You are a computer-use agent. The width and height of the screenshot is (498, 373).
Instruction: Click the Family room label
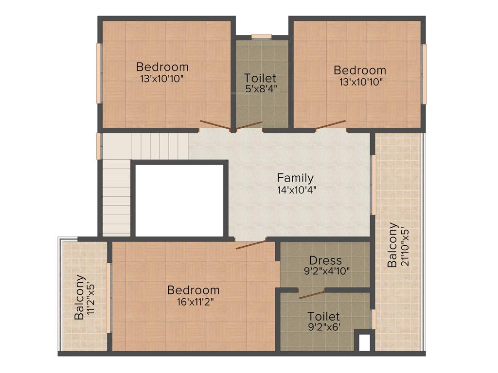[295, 178]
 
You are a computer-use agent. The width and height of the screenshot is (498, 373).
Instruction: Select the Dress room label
[325, 260]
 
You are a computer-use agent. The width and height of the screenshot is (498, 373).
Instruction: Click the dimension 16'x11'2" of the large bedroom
[193, 301]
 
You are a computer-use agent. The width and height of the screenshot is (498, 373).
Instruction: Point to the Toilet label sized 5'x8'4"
[260, 78]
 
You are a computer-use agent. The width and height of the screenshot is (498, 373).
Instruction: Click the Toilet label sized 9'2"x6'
[323, 317]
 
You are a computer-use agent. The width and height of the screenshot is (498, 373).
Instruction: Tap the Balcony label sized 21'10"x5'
[393, 245]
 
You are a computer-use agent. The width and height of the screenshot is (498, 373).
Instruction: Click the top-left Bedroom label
[162, 67]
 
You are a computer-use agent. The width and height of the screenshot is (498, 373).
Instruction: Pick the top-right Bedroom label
[360, 70]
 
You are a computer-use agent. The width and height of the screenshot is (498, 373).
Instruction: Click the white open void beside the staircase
[179, 200]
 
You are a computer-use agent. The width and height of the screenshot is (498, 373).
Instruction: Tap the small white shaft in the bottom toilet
[364, 341]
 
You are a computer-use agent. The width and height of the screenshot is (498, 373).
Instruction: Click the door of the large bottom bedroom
[251, 244]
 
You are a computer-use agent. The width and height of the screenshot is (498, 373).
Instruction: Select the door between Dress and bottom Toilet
[312, 294]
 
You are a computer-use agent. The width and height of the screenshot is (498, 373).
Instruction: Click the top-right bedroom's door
[330, 125]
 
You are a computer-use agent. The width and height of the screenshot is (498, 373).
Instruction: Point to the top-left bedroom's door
[215, 125]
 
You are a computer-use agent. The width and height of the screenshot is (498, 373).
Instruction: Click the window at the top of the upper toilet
[262, 36]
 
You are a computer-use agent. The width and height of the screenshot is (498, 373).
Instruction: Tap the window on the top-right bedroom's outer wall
[424, 74]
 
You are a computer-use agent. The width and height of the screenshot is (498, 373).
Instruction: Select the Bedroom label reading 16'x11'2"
[193, 290]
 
